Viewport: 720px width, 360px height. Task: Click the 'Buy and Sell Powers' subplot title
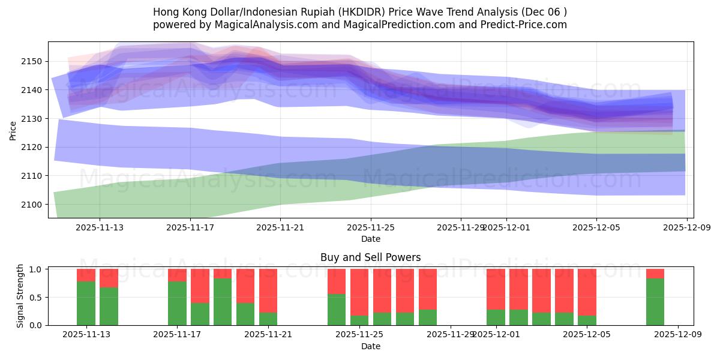click(x=370, y=257)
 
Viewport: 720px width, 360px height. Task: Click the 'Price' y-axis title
click(x=13, y=130)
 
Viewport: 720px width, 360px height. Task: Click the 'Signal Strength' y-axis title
click(x=20, y=296)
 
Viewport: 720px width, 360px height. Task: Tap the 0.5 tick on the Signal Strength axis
click(x=36, y=297)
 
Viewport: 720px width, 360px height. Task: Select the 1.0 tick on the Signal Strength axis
click(x=36, y=269)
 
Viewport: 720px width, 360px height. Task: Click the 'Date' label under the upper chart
click(x=370, y=239)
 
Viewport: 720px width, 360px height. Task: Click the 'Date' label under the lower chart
click(x=370, y=346)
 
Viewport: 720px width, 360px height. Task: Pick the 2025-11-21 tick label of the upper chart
click(x=280, y=227)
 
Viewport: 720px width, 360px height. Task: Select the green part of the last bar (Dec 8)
click(x=655, y=302)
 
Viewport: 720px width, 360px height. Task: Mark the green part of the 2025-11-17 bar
click(x=177, y=303)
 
